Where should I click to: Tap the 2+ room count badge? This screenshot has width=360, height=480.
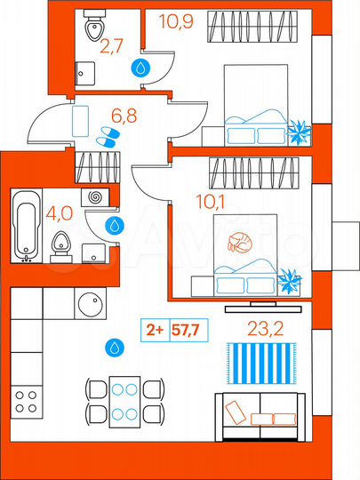(154, 330)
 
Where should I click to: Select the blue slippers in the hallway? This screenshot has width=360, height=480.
(106, 136)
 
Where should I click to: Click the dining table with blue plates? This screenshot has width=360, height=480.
(124, 400)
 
